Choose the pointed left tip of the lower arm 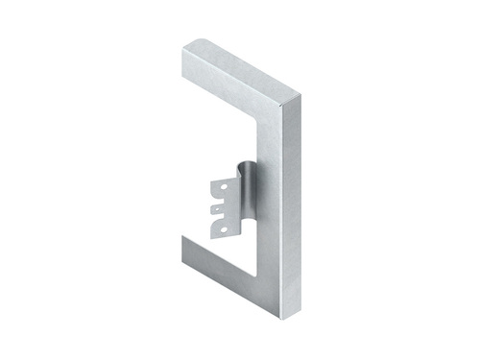182,237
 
